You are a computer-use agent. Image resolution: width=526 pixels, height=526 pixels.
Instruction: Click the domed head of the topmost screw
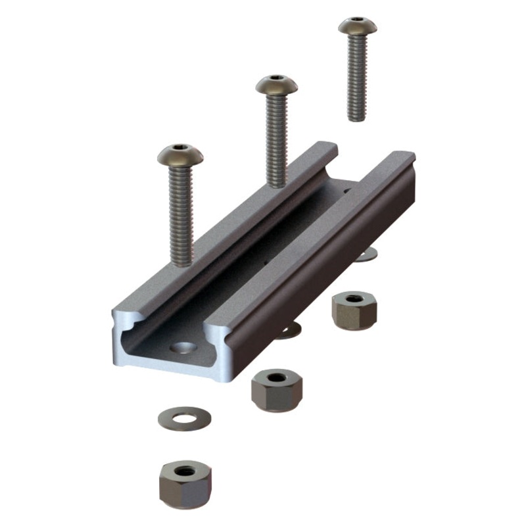(x=358, y=26)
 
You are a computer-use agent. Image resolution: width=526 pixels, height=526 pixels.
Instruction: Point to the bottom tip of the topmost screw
(x=356, y=118)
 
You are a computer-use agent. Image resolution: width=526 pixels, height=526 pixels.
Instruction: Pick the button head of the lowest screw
(x=180, y=156)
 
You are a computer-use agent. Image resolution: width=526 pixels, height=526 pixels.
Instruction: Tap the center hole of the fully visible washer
(x=184, y=417)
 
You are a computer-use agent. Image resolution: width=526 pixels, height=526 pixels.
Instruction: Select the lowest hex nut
(x=185, y=483)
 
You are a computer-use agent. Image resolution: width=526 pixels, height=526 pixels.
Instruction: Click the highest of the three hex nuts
(x=354, y=311)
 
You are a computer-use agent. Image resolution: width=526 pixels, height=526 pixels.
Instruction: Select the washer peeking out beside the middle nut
(x=289, y=331)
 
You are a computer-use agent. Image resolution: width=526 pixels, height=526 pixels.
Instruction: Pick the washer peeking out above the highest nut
(x=366, y=254)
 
